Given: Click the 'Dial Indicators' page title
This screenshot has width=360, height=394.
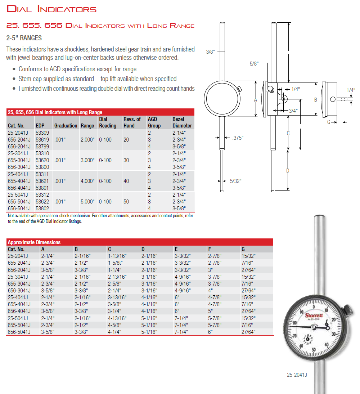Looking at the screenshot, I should (x=51, y=9).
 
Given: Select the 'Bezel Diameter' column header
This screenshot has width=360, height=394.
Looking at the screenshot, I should (x=182, y=122).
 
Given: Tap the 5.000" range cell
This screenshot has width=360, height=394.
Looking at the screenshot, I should (x=87, y=202).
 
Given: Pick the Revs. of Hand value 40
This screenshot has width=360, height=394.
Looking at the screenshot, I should (x=126, y=181).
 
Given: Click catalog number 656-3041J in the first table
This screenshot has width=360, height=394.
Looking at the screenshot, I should (x=19, y=167).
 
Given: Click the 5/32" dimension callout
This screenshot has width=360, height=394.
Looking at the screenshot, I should (x=235, y=181).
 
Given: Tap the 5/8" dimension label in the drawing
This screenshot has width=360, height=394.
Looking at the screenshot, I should (x=254, y=64).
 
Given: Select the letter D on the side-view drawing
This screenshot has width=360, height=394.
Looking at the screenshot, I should (x=288, y=170).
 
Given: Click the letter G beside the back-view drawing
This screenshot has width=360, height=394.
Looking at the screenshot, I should (x=329, y=122).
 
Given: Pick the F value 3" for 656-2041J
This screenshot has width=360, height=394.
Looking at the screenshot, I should (x=210, y=269).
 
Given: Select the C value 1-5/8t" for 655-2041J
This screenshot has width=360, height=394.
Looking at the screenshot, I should (x=116, y=263).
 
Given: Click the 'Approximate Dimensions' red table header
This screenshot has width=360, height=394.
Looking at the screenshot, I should (x=34, y=242).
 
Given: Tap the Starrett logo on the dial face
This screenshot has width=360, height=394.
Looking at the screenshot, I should (x=314, y=315).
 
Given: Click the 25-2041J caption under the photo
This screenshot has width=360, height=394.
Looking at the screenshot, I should (x=297, y=375).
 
